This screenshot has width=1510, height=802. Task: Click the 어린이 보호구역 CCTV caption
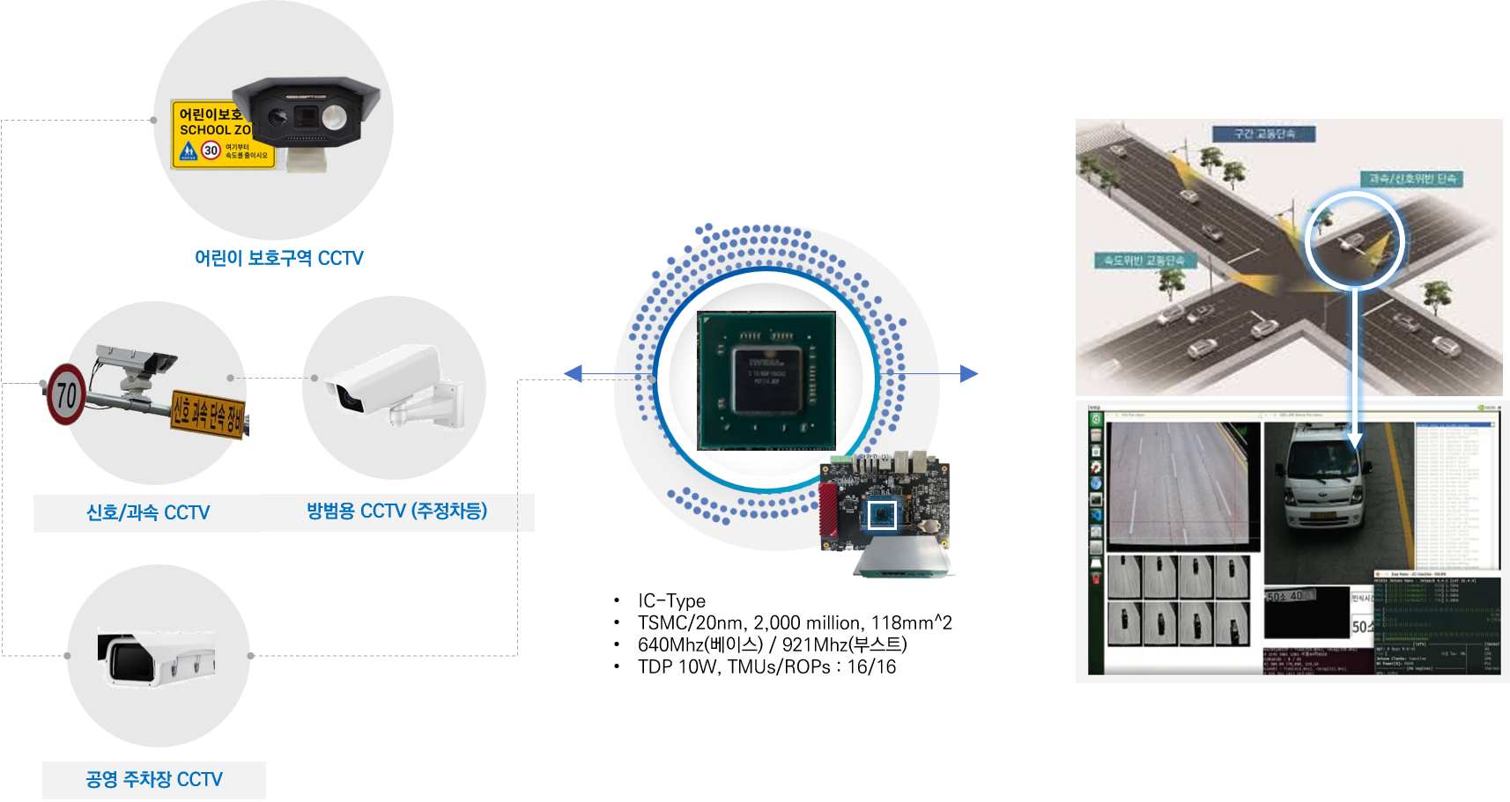(278, 258)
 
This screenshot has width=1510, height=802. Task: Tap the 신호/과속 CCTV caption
(147, 512)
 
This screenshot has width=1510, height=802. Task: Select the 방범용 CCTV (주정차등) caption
(396, 511)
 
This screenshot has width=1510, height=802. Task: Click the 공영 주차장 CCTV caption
(154, 779)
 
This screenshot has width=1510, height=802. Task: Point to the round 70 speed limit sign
(66, 394)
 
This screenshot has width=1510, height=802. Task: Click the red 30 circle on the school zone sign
(211, 151)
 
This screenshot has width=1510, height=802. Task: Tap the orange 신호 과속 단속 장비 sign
(208, 412)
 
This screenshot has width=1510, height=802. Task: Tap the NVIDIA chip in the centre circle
(766, 379)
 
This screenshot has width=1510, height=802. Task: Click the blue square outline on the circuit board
(882, 514)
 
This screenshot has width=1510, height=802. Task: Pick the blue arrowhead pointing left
(573, 374)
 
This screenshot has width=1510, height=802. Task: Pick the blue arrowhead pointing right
(969, 373)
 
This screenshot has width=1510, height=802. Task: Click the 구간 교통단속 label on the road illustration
(1263, 134)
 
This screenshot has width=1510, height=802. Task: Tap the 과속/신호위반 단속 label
(1411, 179)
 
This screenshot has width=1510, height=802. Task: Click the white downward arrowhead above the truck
(1355, 439)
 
